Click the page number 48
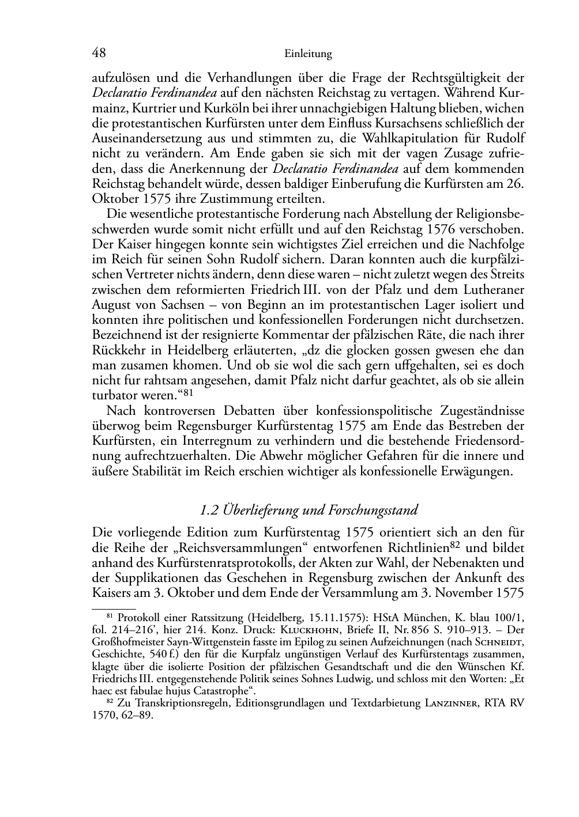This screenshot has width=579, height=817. [99, 53]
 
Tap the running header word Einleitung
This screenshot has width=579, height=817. [308, 54]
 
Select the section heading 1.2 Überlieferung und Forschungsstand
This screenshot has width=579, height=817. [308, 510]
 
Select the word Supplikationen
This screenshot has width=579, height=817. [163, 578]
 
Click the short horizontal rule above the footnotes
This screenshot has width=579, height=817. [114, 607]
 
